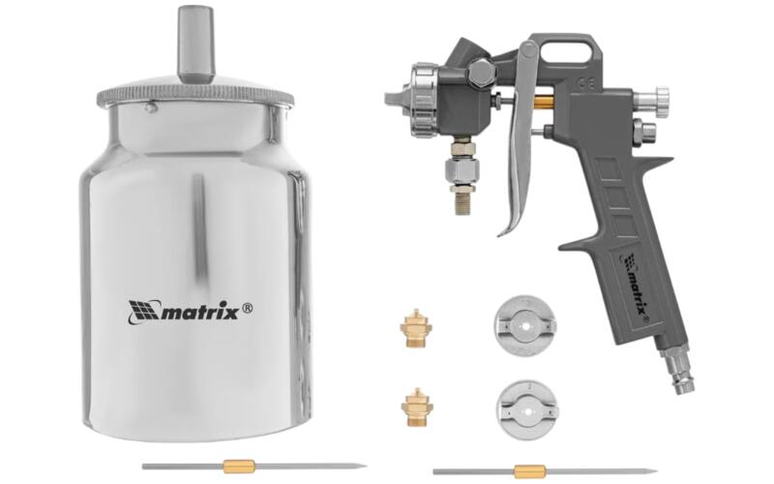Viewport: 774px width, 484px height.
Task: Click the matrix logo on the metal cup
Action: (x=191, y=311)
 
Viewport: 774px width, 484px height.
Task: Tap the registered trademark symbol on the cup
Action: (x=249, y=309)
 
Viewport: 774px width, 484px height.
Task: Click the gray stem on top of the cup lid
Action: (x=196, y=45)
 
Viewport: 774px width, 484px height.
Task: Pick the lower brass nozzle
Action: (x=417, y=407)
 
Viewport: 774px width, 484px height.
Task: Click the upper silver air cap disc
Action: (x=525, y=326)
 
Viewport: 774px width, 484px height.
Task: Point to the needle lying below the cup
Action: (x=254, y=467)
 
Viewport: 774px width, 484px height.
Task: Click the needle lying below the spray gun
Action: (x=545, y=471)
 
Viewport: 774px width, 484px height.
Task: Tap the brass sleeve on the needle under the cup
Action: (x=239, y=467)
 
